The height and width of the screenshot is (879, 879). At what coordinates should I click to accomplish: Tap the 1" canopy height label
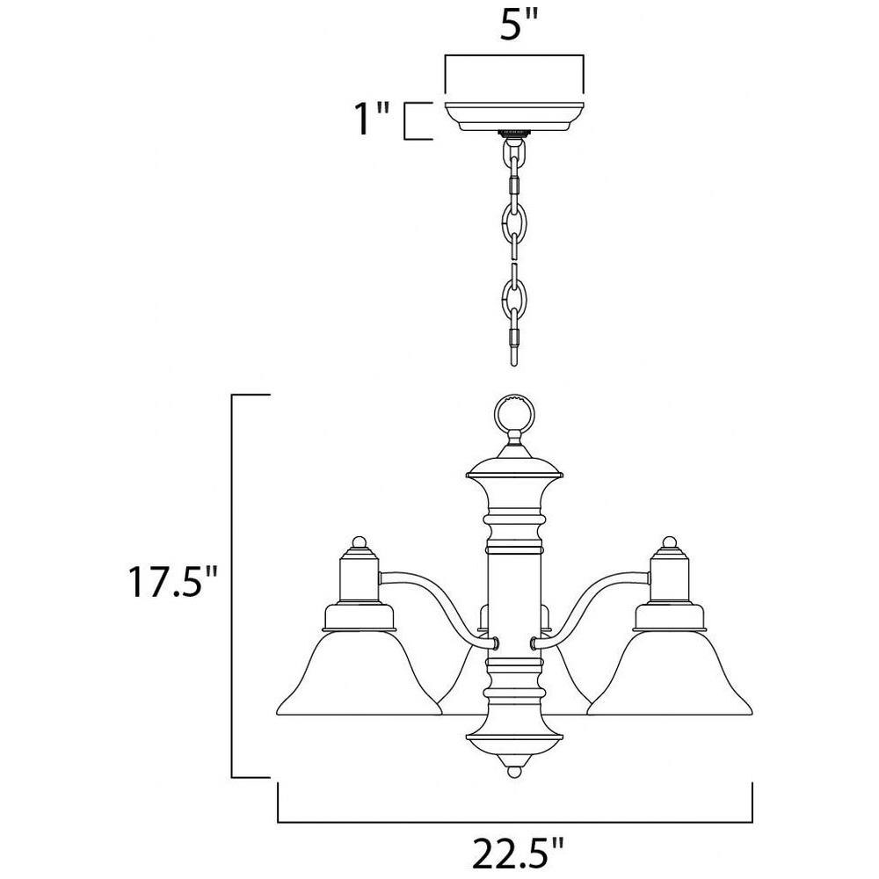(x=373, y=120)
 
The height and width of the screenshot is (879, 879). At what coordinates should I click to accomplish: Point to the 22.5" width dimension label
(x=517, y=854)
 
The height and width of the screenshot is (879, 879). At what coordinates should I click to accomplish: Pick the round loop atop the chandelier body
(x=514, y=416)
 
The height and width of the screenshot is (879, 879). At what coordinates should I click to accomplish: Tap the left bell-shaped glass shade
(x=360, y=672)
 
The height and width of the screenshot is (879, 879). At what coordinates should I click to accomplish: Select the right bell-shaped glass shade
(x=669, y=672)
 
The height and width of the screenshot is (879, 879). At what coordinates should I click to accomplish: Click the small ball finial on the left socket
(x=359, y=542)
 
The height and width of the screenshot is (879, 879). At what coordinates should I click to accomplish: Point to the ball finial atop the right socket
(x=669, y=542)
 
